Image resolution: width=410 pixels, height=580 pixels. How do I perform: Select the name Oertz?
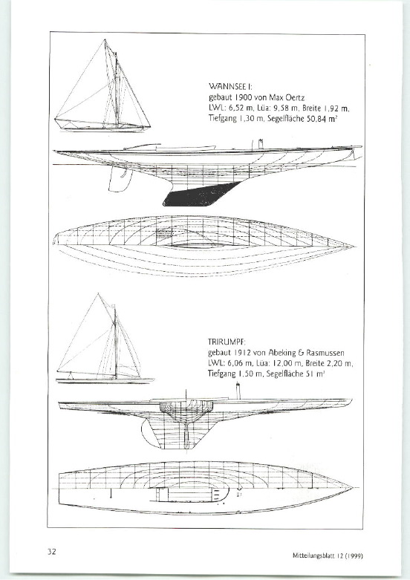tap(295, 98)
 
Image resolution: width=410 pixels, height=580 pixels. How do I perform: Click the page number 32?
tap(51, 552)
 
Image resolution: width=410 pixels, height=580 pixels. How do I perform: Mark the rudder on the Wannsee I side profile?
tap(120, 179)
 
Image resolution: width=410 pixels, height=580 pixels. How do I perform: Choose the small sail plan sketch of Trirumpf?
tap(105, 339)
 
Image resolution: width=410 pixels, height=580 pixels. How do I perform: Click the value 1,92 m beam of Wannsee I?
tap(336, 108)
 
